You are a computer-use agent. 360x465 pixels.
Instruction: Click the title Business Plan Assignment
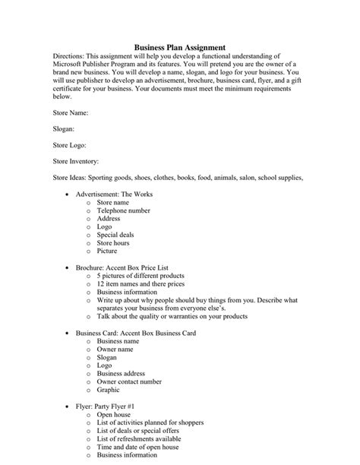[179, 47]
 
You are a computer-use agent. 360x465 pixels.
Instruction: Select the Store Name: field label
[71, 112]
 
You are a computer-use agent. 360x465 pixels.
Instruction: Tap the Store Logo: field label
[70, 145]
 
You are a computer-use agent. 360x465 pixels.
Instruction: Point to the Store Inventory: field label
[76, 161]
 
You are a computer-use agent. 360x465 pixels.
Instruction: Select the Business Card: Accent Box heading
[135, 333]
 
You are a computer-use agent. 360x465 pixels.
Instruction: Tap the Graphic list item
[109, 390]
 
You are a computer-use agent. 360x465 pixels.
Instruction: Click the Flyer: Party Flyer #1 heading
[111, 406]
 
